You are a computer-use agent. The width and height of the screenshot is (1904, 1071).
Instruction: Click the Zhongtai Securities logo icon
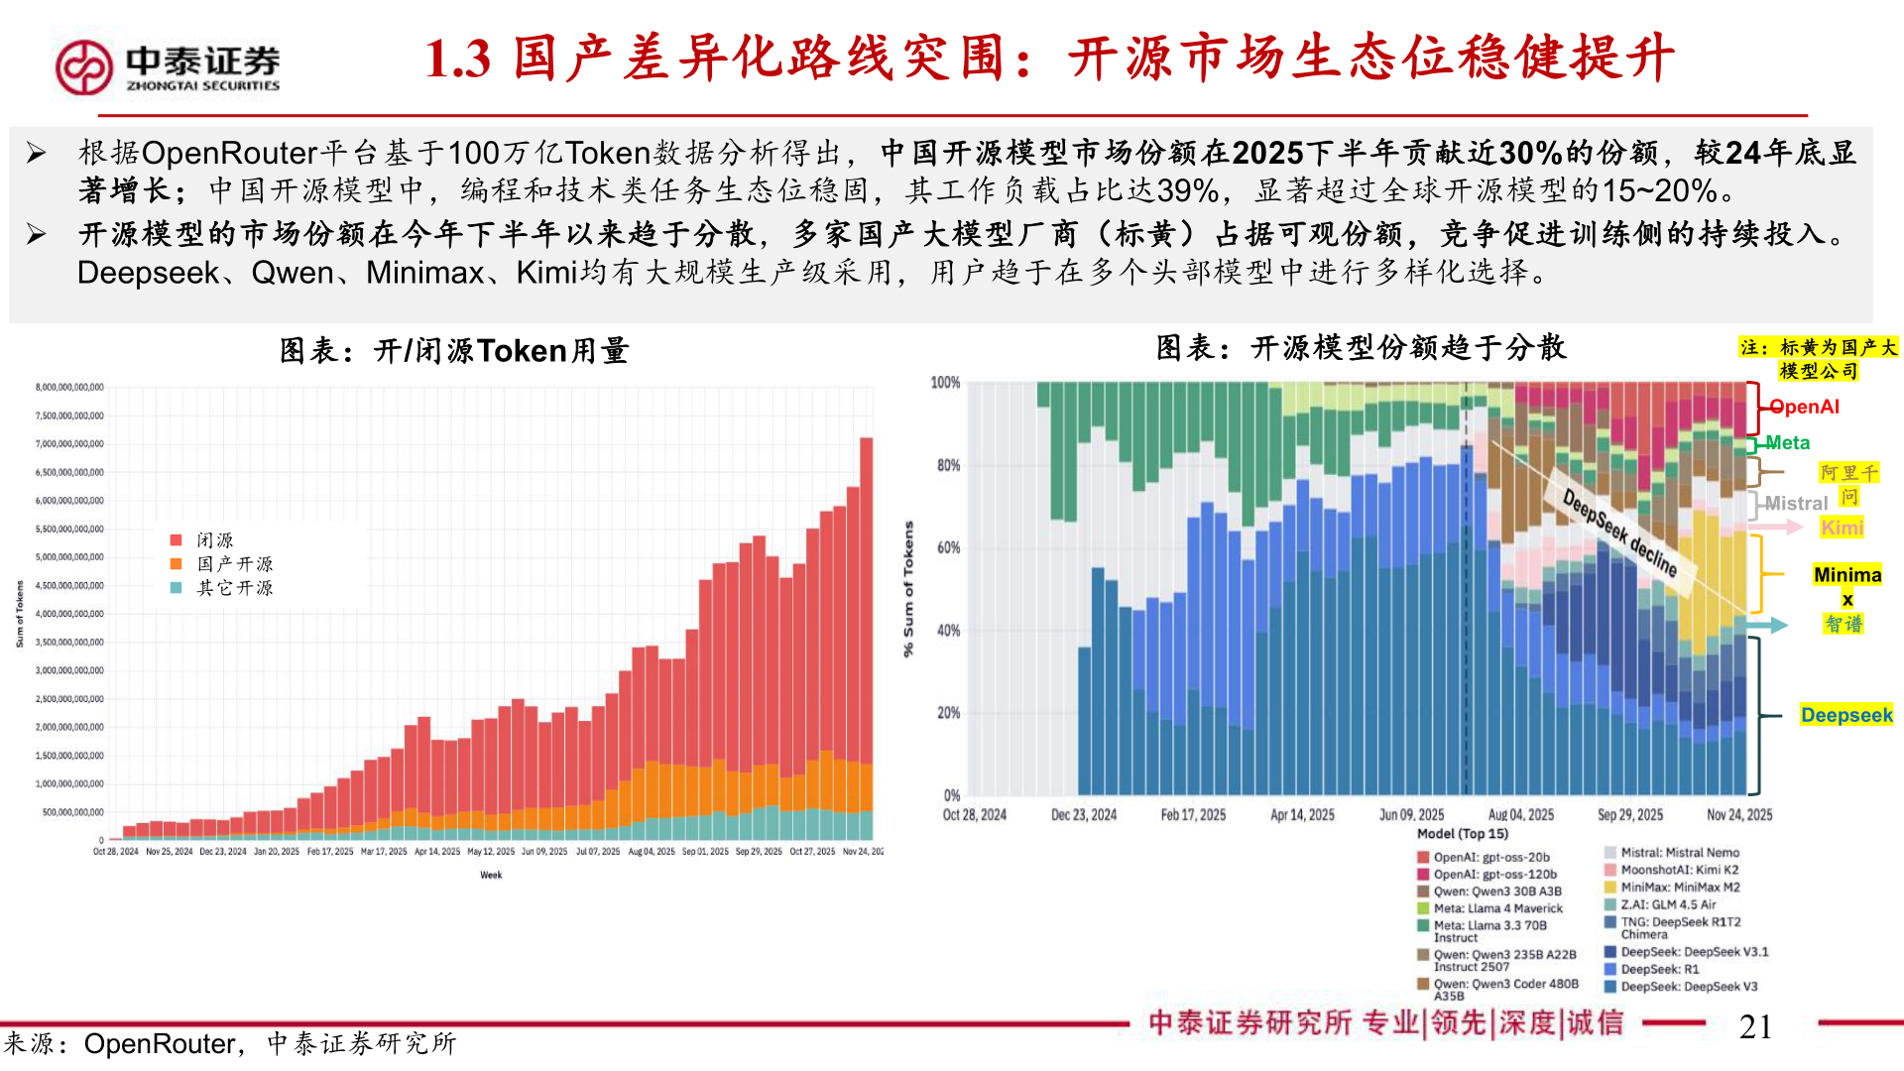tap(83, 67)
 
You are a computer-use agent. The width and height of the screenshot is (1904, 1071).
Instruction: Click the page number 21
tap(1754, 1026)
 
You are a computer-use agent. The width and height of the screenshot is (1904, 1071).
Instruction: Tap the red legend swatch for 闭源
tap(177, 540)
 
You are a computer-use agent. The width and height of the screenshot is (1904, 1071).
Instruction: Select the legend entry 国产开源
tap(234, 564)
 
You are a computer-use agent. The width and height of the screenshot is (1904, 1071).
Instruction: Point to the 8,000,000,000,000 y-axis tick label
tap(69, 388)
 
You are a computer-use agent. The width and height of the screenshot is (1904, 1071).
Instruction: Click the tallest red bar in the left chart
tap(866, 595)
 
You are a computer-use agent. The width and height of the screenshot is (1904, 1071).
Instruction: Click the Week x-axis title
tap(491, 875)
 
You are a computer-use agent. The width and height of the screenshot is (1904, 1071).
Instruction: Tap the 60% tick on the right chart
tap(947, 547)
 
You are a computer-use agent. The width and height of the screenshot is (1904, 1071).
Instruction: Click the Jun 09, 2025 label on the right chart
tap(1411, 815)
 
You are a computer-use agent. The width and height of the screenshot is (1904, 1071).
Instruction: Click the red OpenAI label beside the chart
tap(1805, 407)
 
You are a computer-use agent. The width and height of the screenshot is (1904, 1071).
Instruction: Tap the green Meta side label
tap(1787, 443)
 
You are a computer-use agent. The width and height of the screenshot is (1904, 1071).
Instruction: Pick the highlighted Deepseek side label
tap(1845, 715)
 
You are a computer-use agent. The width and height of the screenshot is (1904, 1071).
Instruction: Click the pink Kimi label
tap(1842, 528)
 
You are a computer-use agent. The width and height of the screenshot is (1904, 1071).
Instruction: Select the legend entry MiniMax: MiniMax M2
tap(1680, 888)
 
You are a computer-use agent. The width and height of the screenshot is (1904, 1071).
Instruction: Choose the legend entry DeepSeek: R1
tap(1659, 970)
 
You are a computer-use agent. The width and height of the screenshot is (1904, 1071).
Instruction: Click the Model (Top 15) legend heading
tap(1462, 834)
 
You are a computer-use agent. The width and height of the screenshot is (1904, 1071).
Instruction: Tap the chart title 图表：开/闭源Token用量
tap(453, 351)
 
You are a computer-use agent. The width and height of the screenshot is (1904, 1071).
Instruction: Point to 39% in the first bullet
tap(1188, 190)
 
